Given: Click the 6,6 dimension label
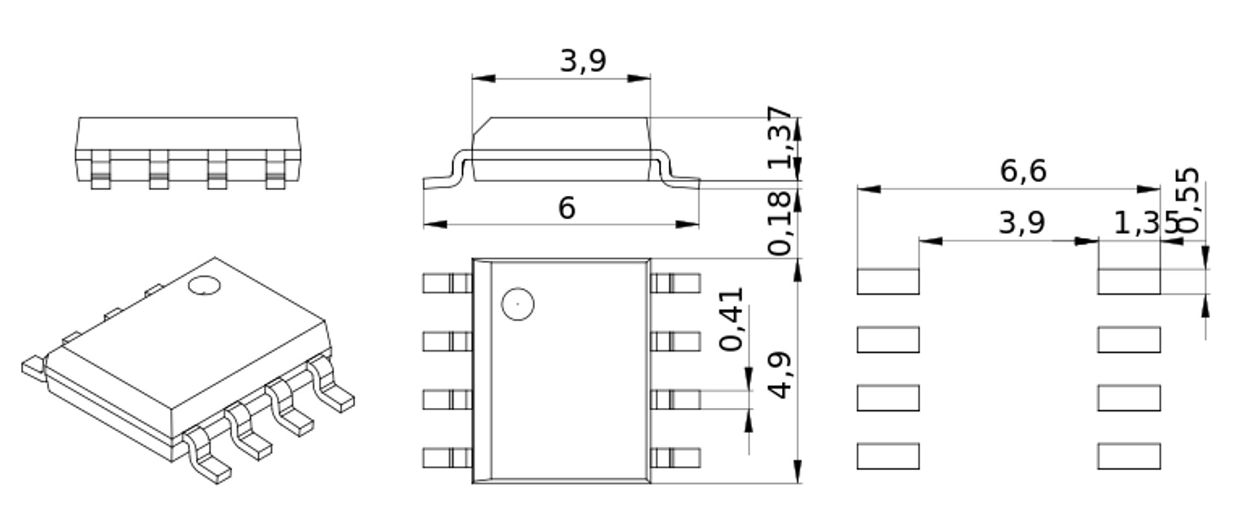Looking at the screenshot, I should click(x=1023, y=171).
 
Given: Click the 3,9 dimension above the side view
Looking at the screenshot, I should click(x=582, y=61).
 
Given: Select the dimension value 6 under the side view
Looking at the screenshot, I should click(x=566, y=208).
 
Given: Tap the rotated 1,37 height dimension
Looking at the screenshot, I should click(x=781, y=137).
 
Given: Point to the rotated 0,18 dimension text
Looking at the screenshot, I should click(x=780, y=222).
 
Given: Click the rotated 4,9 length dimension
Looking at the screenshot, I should click(x=780, y=375).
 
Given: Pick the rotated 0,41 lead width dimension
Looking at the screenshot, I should click(x=732, y=319).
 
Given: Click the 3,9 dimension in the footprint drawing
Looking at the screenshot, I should click(x=1021, y=223).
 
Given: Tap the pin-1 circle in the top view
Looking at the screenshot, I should click(x=517, y=303).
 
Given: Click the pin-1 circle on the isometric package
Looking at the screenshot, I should click(x=204, y=286).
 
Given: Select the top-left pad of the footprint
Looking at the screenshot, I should click(x=888, y=281).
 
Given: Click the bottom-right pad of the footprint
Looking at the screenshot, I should click(x=1128, y=456).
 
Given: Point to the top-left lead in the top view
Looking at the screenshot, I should click(x=447, y=283).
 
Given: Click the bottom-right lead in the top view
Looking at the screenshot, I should click(x=675, y=458).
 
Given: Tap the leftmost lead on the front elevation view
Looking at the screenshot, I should click(x=101, y=170).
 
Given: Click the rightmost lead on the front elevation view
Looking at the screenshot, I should click(x=276, y=170).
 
